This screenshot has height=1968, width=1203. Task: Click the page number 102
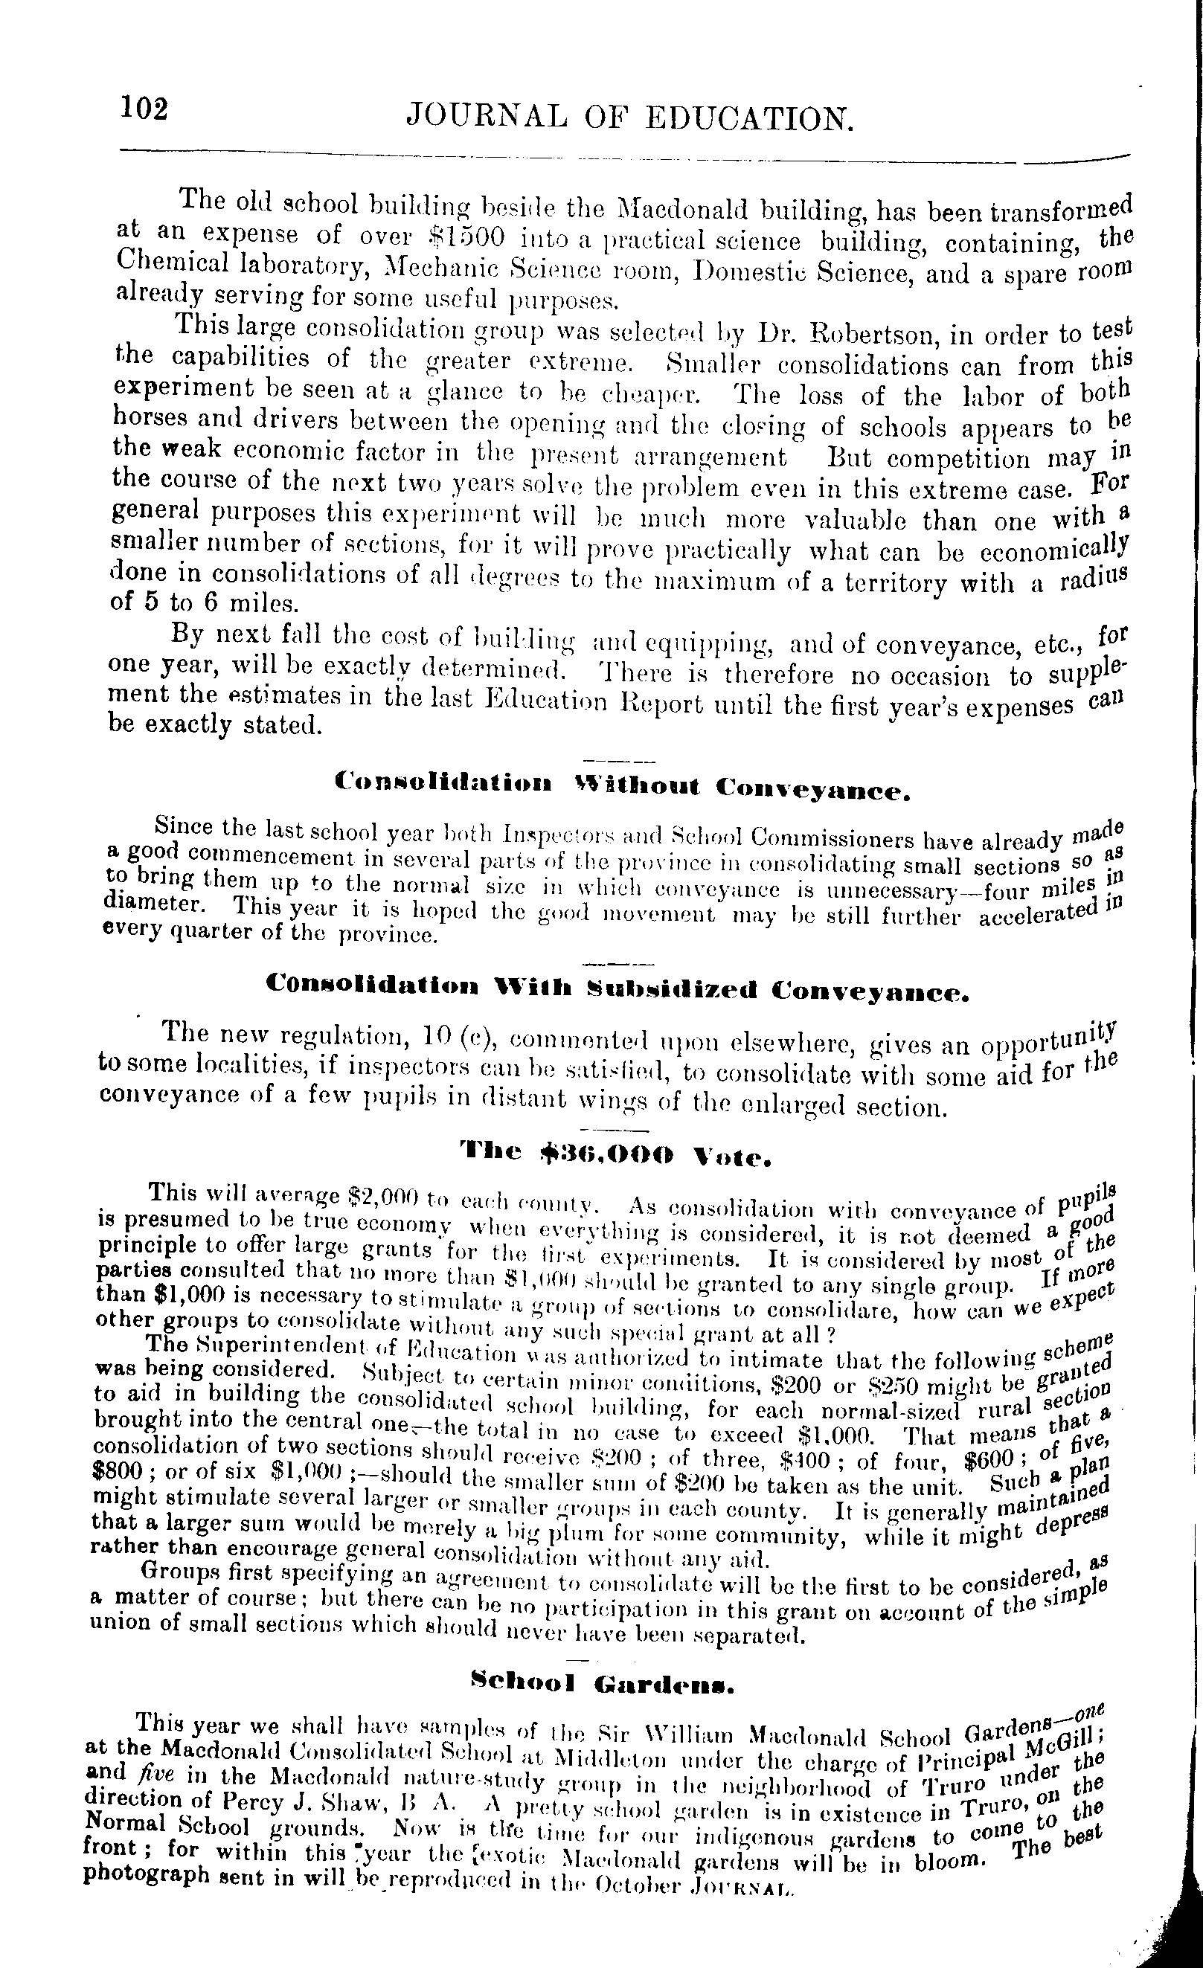point(144,108)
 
